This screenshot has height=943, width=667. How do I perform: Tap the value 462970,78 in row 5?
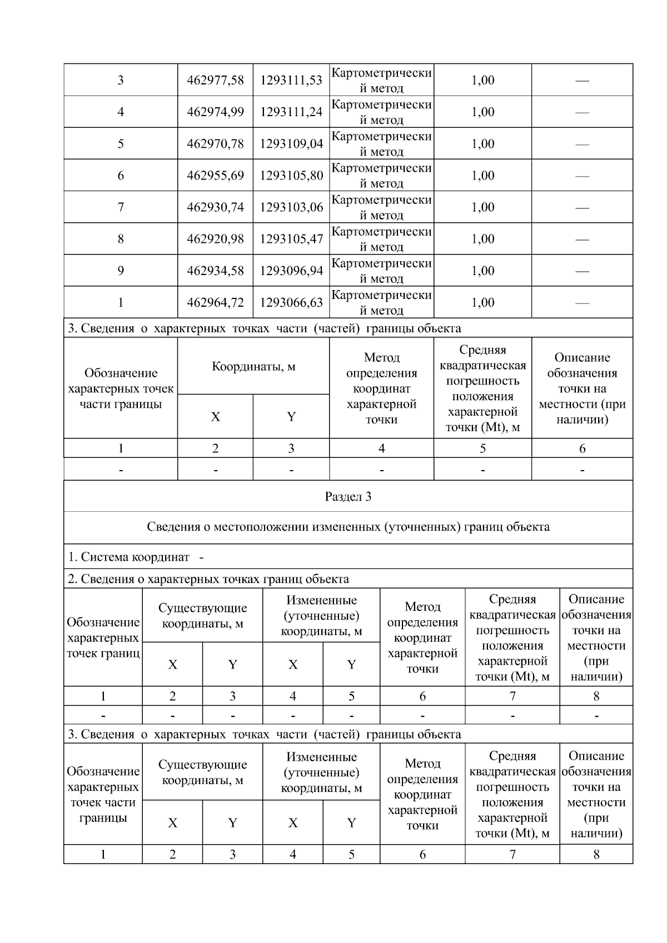point(215,144)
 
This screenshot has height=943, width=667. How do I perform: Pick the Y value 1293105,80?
point(291,176)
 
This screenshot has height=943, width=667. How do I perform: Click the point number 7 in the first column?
point(121,207)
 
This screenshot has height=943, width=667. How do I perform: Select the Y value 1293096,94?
point(291,271)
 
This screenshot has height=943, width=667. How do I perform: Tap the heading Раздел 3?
point(348,497)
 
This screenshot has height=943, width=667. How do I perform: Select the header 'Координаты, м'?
point(253,367)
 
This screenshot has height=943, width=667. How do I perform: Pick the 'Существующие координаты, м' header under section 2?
point(202,616)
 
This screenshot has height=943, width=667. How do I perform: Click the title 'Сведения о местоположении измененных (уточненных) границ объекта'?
point(348,527)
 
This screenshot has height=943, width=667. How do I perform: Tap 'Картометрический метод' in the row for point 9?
point(381,271)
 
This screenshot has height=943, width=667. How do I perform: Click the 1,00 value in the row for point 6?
point(482,176)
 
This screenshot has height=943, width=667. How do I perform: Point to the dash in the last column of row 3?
point(582,81)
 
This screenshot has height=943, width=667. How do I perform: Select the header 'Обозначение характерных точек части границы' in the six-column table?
point(121,388)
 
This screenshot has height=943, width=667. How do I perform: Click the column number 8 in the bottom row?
point(596,854)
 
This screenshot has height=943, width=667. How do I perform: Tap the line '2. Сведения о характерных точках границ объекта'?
point(208,579)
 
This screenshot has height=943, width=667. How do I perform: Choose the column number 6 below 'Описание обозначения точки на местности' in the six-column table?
point(582,448)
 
